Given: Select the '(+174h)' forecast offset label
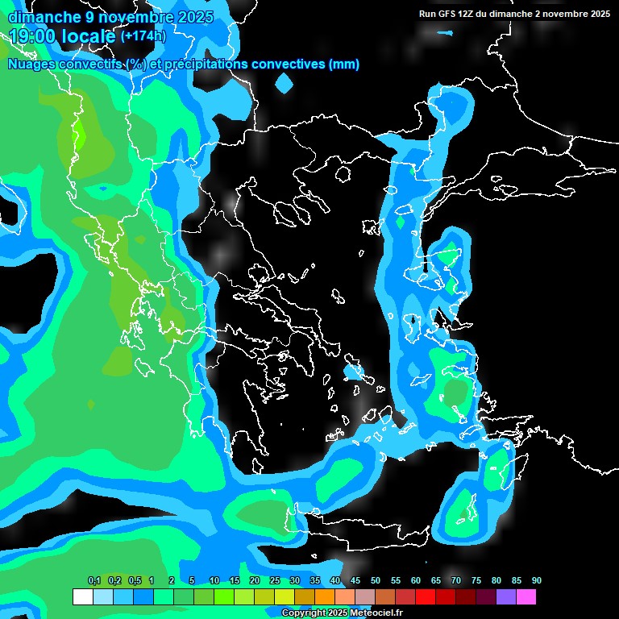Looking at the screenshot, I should click(143, 35).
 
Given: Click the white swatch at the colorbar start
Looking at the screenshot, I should click(82, 597).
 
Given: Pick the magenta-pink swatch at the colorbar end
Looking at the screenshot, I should click(526, 597).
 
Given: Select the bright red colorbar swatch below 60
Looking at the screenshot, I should click(425, 597).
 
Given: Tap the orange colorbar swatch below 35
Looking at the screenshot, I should click(324, 597).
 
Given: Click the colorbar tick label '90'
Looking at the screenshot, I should click(536, 581).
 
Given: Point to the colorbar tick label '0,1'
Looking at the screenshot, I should click(94, 581).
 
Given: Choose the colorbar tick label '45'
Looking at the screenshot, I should click(355, 581).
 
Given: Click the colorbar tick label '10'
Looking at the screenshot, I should click(214, 581).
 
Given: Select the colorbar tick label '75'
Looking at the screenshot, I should click(476, 581).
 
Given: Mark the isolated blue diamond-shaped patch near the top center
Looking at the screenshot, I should click(284, 82).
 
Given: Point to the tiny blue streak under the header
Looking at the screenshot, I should click(445, 32).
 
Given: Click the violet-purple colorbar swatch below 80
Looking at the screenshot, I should click(505, 597).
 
